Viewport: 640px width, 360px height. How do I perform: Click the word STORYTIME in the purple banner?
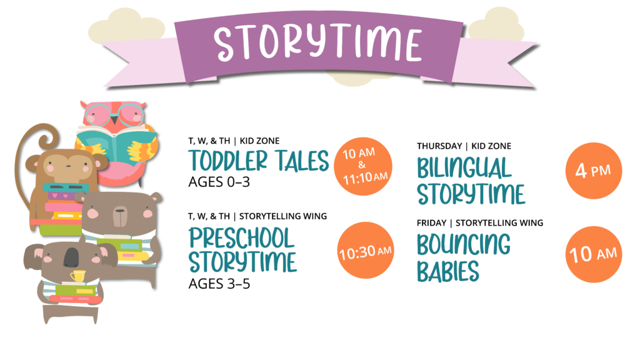[x=318, y=43]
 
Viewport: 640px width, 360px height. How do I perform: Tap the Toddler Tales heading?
[x=258, y=161]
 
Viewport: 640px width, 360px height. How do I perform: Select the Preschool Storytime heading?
[x=242, y=250]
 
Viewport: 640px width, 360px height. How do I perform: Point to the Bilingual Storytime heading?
[x=471, y=181]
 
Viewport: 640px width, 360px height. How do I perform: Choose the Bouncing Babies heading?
[x=464, y=257]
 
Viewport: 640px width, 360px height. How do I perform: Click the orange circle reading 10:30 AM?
[x=365, y=250]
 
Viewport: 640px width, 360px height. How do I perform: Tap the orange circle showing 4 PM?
[x=594, y=171]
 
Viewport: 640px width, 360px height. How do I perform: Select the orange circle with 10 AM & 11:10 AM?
[x=363, y=166]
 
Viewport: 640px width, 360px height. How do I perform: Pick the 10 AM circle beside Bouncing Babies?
[x=594, y=254]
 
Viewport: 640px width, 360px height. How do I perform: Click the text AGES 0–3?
[x=219, y=182]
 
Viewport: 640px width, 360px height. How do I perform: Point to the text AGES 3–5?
[x=219, y=284]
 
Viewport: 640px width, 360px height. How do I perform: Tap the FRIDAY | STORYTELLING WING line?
[x=480, y=223]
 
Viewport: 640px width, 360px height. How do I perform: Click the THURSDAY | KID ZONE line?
[x=464, y=146]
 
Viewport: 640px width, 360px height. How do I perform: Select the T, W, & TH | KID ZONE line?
[x=234, y=141]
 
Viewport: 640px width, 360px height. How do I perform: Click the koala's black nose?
[x=71, y=257]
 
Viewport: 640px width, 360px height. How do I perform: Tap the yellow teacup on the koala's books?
[x=78, y=276]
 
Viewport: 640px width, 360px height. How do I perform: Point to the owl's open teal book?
[x=116, y=146]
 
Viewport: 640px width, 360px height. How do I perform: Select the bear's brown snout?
[x=119, y=217]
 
